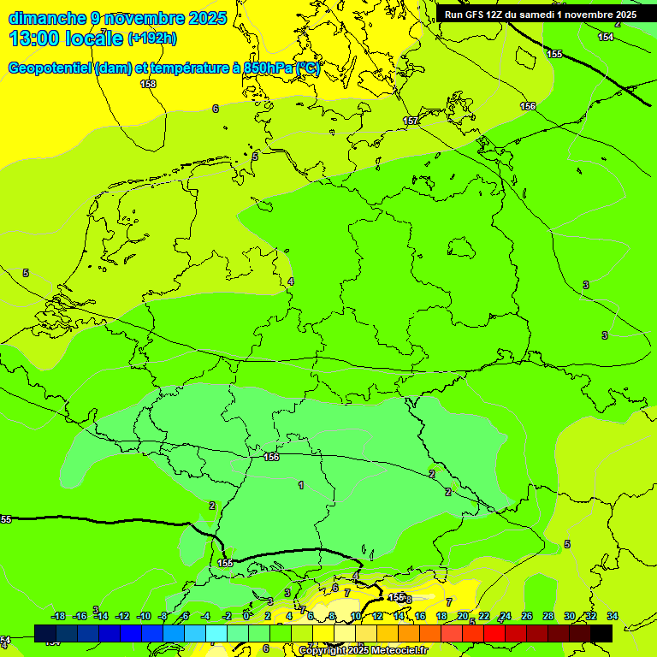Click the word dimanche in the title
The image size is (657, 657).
[47, 18]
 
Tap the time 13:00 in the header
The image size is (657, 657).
[37, 38]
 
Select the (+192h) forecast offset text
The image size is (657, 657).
[152, 38]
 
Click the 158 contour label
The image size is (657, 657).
[148, 84]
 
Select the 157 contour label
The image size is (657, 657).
[411, 121]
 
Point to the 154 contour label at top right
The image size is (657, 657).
[606, 37]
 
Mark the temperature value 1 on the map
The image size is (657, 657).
[301, 485]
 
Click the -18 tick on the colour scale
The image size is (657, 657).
[58, 616]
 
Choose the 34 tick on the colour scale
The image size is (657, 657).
[613, 616]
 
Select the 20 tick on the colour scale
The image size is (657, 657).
[463, 616]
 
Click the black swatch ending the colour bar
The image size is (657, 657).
[601, 632]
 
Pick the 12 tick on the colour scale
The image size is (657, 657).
[377, 616]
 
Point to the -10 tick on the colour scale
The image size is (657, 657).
[144, 616]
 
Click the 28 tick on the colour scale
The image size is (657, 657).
[548, 616]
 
